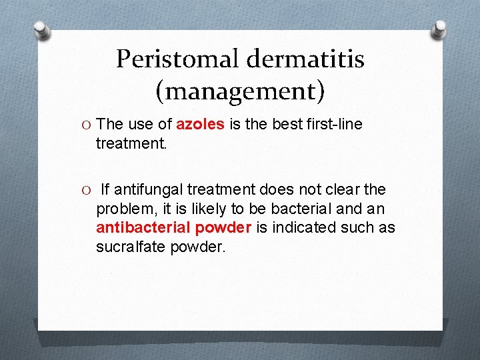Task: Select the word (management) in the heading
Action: (x=240, y=90)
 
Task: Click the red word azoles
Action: (x=200, y=125)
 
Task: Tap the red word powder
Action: (x=223, y=228)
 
